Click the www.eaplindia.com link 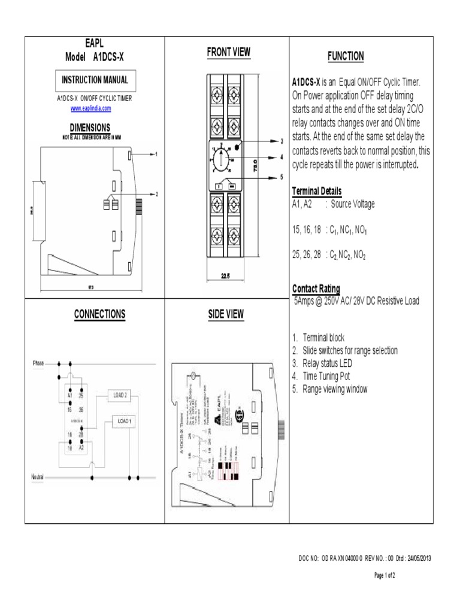coord(91,108)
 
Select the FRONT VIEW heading coord(229,53)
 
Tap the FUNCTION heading coord(346,56)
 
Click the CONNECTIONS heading coord(99,314)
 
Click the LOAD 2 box coord(120,395)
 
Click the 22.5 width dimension coord(225,276)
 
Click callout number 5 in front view coord(280,177)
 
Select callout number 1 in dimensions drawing coord(156,154)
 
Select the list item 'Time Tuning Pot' coord(326,376)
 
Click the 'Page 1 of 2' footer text coord(384,575)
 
